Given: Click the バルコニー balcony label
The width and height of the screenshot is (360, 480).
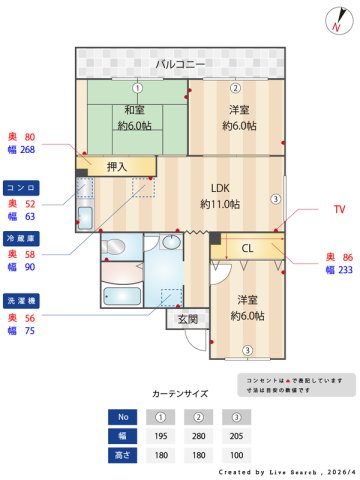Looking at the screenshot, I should point(180,64).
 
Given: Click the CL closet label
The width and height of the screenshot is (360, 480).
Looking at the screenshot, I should point(247,247).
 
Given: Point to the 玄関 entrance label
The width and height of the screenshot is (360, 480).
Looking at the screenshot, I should point(187,320).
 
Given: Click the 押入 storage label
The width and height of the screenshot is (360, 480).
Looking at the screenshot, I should point(116,165).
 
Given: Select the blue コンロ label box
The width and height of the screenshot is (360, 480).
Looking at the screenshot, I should point(22,187).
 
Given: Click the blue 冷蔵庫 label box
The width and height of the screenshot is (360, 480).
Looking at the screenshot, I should point(22,239).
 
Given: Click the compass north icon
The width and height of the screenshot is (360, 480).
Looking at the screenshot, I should point(336,21).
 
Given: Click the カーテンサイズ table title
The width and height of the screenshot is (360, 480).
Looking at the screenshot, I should point(180,394).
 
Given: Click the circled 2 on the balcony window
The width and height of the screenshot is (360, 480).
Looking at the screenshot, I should point(236,87).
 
